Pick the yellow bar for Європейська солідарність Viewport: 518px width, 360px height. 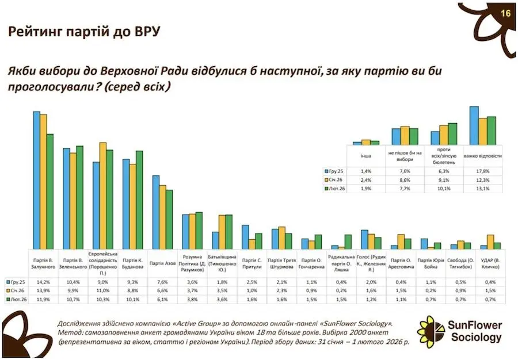point(103,196)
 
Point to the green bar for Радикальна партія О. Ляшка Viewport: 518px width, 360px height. point(348,242)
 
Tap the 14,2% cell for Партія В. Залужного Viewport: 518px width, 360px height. point(43,282)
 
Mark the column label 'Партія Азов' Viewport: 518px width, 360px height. point(163,263)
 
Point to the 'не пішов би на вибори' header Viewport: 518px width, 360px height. point(405,156)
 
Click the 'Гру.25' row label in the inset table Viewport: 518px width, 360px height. point(336,171)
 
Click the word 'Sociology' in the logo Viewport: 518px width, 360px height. point(476,338)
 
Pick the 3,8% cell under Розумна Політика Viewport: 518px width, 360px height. point(193,299)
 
